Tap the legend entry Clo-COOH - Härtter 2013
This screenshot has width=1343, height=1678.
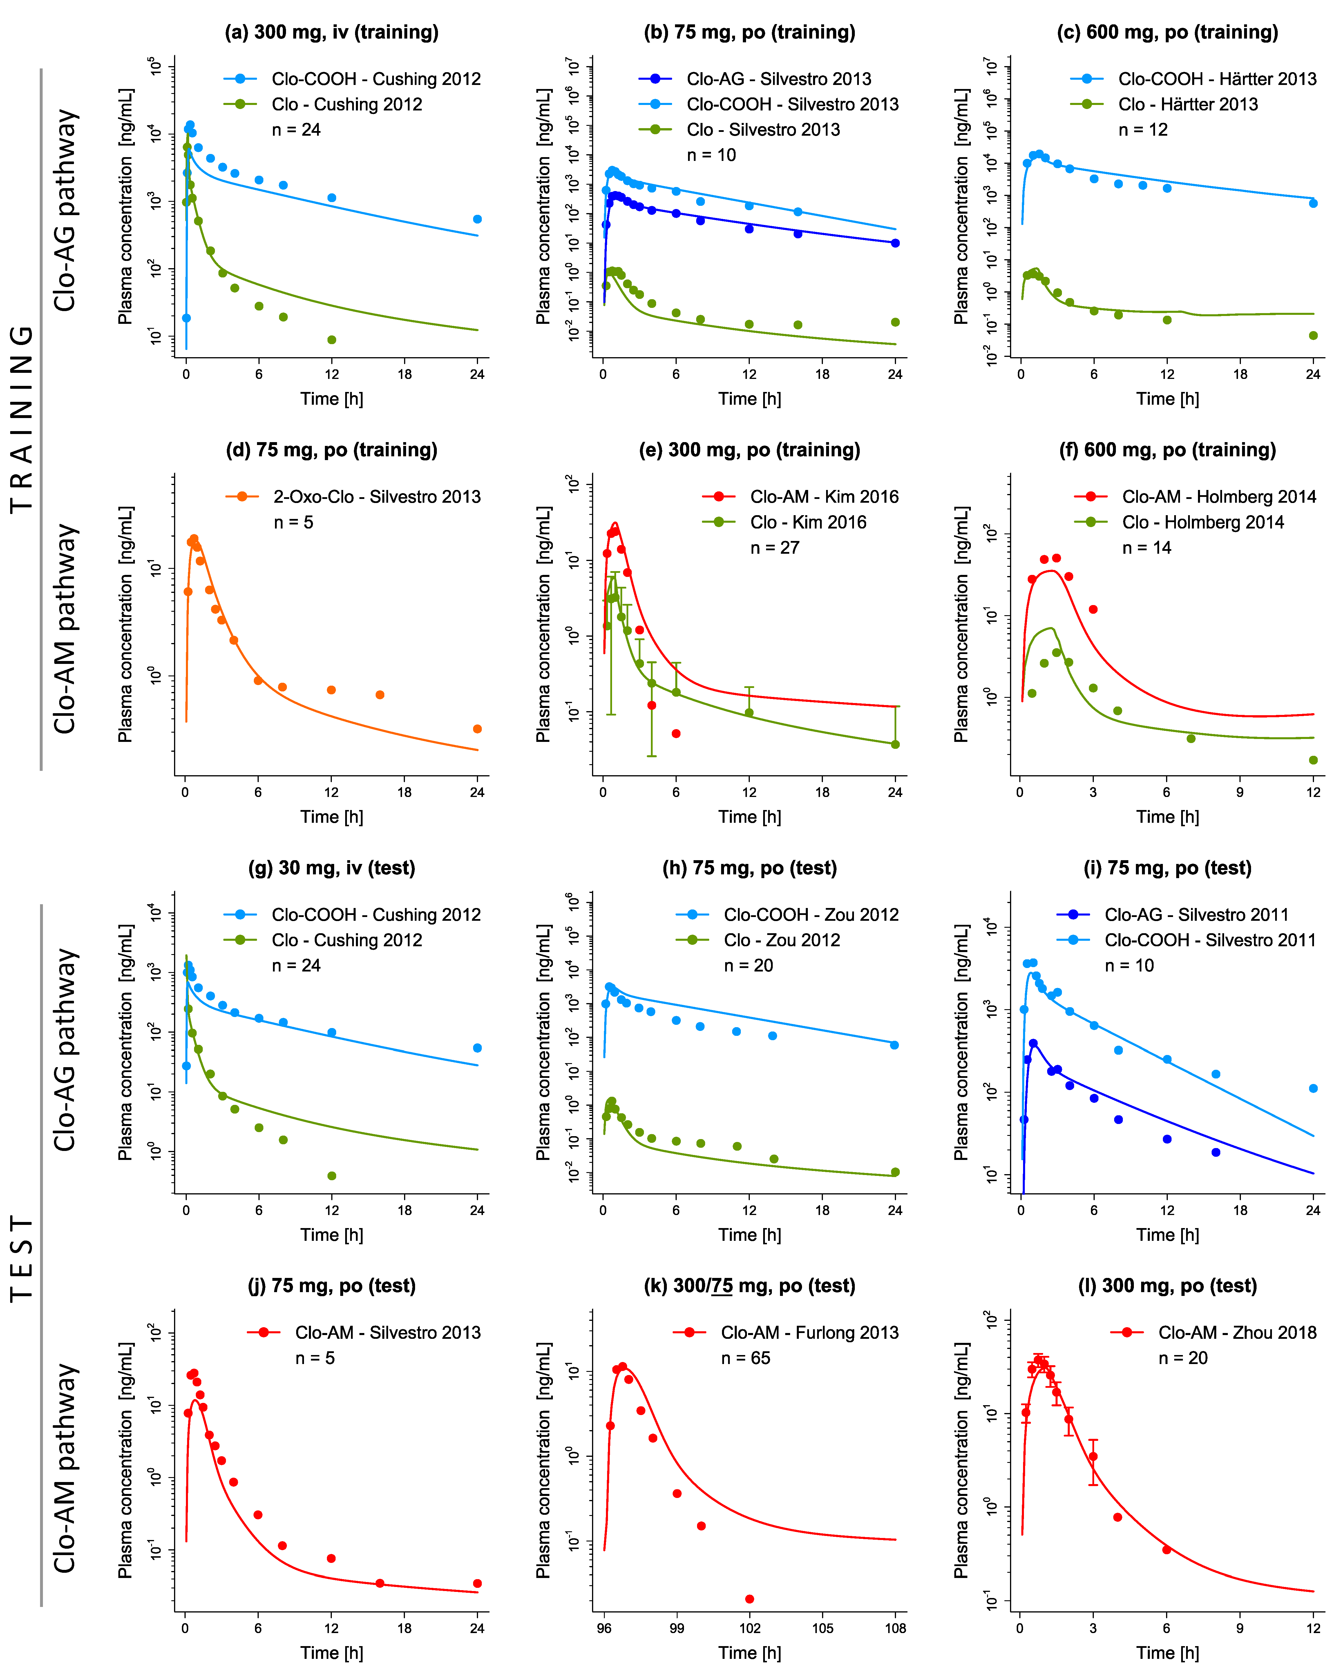coord(1216,79)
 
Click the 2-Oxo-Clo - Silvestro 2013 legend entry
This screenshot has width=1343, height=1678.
coord(376,497)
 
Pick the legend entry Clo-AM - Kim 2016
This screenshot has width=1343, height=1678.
coord(824,497)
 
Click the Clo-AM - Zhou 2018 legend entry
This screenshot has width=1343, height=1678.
coord(1236,1332)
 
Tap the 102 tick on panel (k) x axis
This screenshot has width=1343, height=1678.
coord(749,1628)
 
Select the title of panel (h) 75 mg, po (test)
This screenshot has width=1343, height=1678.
coord(749,868)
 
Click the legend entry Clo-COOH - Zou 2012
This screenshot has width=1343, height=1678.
coord(810,914)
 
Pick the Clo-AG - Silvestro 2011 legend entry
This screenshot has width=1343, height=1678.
coord(1196,914)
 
